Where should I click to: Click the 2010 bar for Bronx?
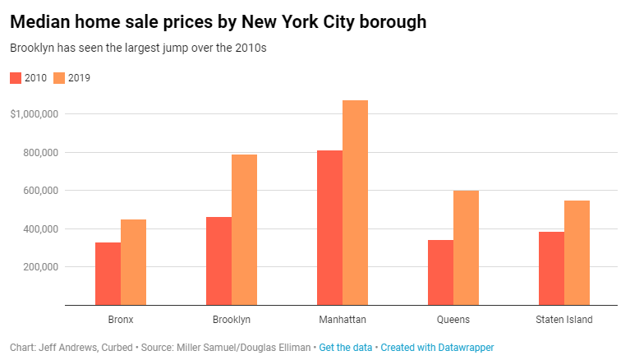coord(108,274)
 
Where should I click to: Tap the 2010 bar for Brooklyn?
coord(218,261)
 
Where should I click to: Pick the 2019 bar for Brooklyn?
coord(244,229)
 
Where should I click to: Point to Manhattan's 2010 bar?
coord(329,228)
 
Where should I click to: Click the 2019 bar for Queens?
coord(466,247)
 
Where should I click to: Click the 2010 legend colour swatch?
coord(16,78)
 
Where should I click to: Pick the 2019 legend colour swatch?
coord(59,78)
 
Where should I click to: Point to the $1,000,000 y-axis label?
coord(34,114)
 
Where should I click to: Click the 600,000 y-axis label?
coord(39,191)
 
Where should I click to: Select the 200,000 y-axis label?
coord(39,267)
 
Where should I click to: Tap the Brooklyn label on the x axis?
coord(231,319)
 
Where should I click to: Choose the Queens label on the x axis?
coord(453,319)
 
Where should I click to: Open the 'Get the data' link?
coord(345,348)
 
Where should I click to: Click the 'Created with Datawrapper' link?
coord(437,348)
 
